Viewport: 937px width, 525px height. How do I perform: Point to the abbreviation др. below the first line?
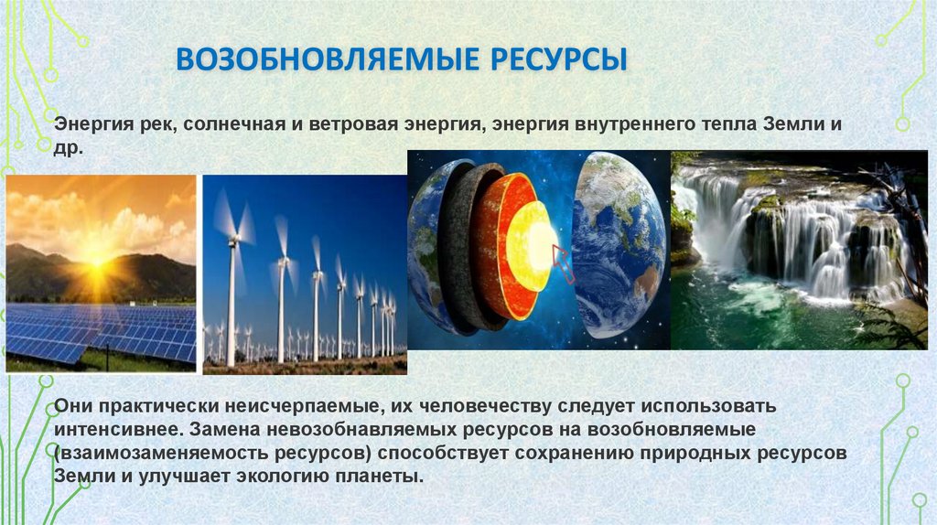pos(68,147)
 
